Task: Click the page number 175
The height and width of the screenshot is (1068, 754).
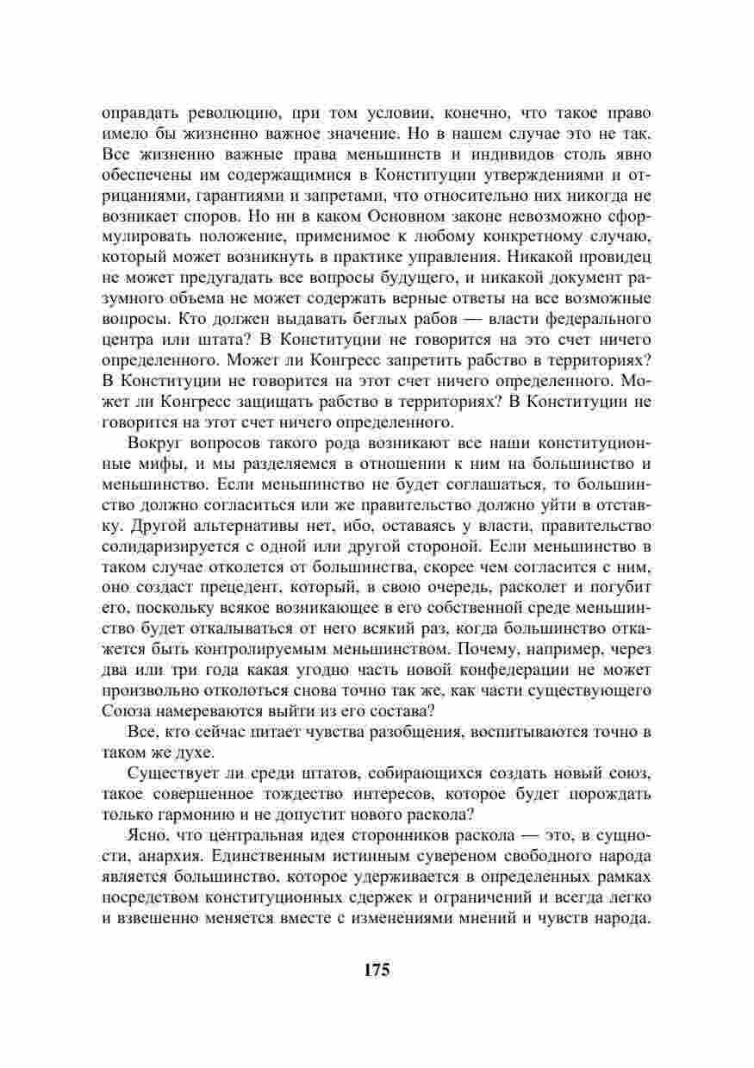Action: click(x=377, y=969)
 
